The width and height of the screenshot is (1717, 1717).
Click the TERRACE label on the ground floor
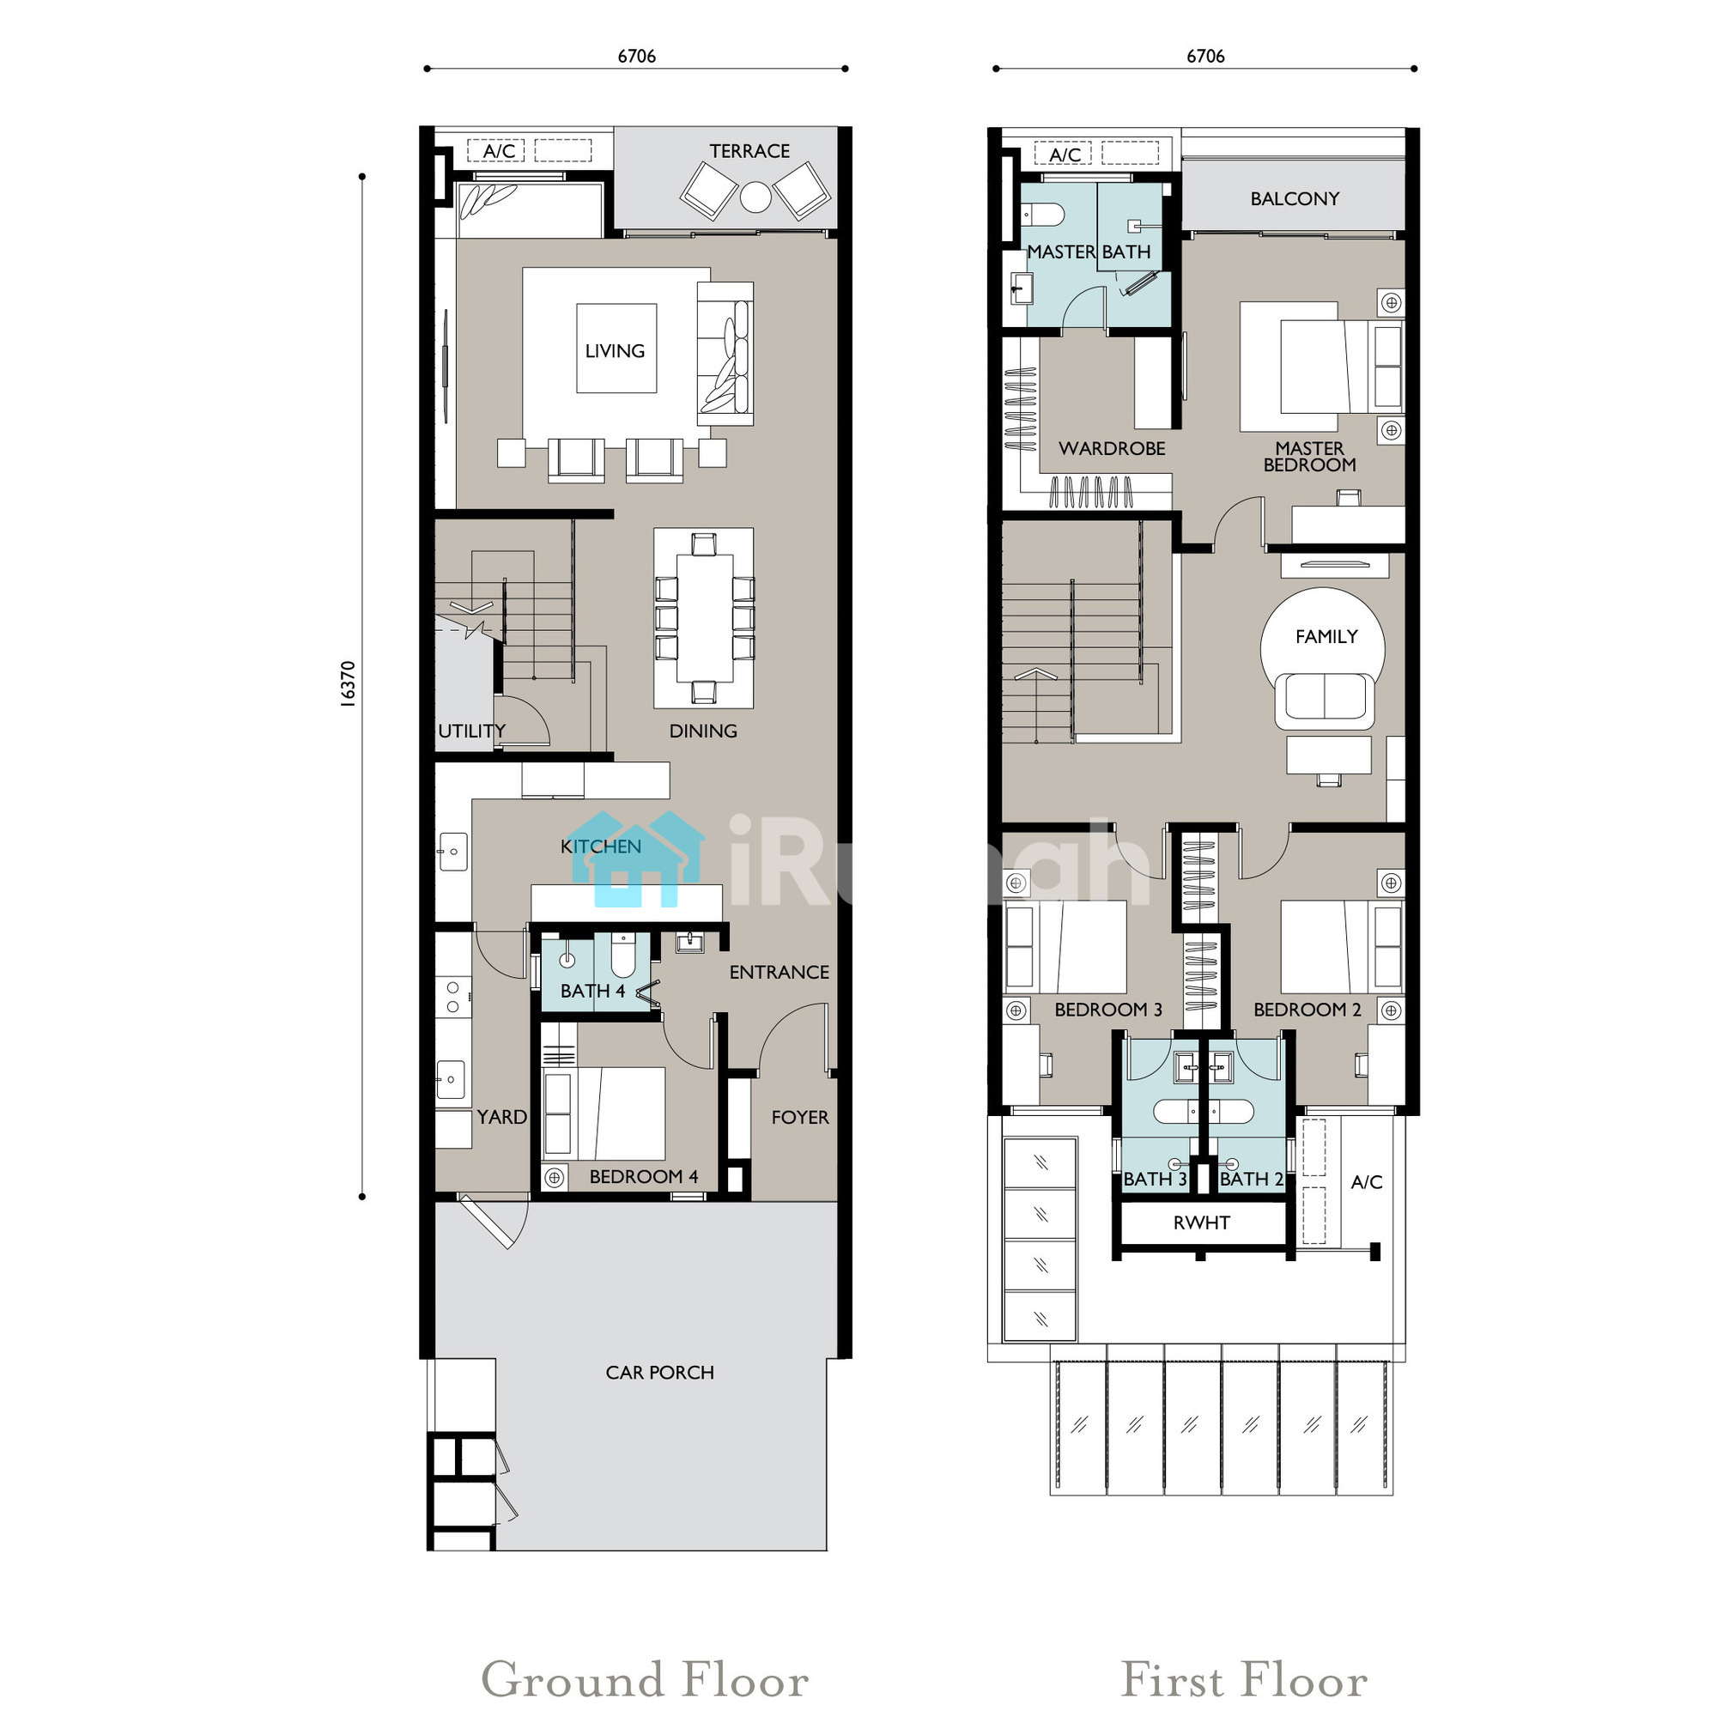tap(749, 151)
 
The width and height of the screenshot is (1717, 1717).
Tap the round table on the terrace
tap(755, 197)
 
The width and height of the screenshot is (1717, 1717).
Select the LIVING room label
tap(615, 351)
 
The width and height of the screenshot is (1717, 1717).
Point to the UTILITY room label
tap(472, 731)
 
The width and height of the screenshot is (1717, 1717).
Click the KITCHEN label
tap(601, 846)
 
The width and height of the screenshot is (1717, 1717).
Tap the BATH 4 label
tap(592, 991)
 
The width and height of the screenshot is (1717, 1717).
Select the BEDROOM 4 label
tap(643, 1177)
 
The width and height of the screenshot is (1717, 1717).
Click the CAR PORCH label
tap(659, 1372)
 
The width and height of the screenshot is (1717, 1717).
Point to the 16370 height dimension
tap(348, 683)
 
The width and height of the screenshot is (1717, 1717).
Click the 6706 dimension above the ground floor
tap(636, 56)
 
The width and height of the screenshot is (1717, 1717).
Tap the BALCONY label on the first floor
tap(1295, 199)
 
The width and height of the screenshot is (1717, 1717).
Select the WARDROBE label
tap(1112, 449)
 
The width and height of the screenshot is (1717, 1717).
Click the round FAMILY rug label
tap(1326, 636)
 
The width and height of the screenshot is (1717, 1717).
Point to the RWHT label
tap(1202, 1223)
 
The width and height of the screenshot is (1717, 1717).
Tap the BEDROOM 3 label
tap(1108, 1010)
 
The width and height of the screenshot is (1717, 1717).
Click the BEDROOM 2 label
tap(1307, 1010)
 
